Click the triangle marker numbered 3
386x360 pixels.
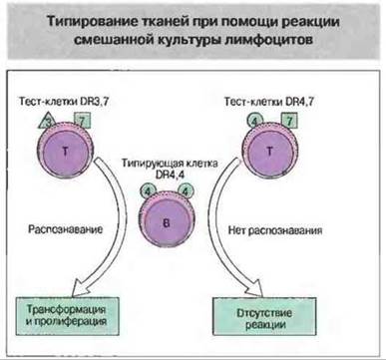47,122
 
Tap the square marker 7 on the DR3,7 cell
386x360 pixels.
82,121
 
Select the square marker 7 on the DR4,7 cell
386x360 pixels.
289,121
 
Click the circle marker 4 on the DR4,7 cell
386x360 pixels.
254,121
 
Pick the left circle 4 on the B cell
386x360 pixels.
148,190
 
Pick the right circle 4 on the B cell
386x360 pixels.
186,190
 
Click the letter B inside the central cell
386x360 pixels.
167,223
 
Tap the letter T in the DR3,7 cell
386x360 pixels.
65,152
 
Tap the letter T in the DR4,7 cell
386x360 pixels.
269,152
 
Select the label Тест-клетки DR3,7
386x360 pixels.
64,102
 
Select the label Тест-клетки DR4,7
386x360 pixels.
269,102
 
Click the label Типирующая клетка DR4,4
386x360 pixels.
170,169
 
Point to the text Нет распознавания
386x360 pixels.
275,230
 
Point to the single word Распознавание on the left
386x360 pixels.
65,229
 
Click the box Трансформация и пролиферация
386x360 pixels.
67,315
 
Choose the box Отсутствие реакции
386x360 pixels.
264,316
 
